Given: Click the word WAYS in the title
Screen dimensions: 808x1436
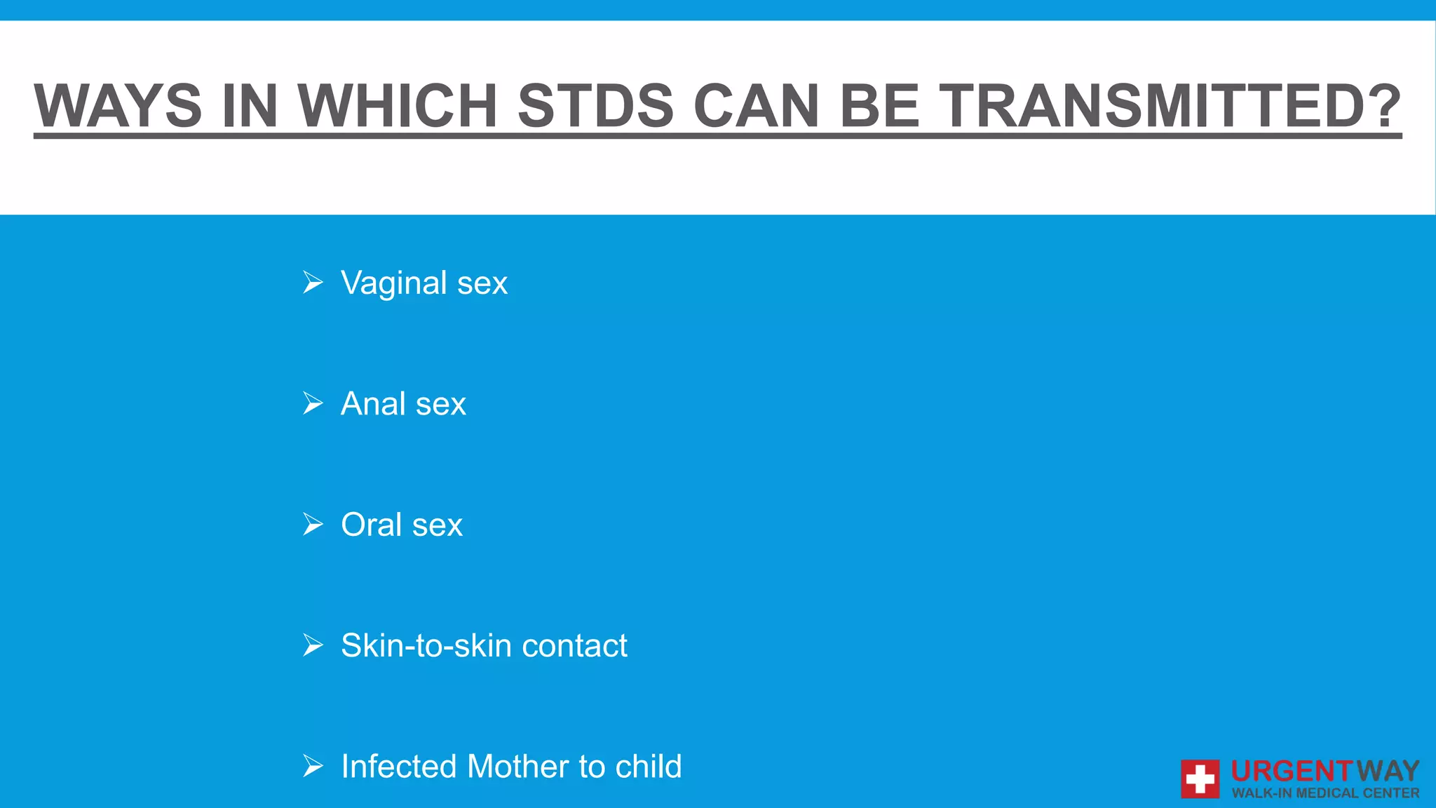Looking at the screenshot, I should [118, 106].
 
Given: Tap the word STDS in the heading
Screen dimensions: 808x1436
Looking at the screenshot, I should [595, 106].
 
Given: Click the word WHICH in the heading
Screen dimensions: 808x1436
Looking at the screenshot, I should [398, 106].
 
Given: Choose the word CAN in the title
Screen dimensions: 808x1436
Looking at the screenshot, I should [756, 106].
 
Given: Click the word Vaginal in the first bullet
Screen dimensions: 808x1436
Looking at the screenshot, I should [393, 283].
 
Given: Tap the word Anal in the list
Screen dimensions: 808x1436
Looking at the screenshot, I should [372, 404].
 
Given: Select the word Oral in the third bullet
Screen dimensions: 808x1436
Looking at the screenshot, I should [371, 525].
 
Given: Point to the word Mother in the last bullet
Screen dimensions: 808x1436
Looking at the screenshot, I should [517, 766].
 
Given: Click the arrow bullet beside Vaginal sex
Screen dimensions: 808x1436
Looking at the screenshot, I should [313, 283].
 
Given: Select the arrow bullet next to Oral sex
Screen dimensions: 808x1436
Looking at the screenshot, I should [313, 524].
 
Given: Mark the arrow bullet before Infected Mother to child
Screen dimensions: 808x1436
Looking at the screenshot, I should [313, 766].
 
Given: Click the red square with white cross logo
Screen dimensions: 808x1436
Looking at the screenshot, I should [1200, 779].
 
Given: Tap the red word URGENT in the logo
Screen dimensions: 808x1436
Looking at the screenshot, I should [1292, 772].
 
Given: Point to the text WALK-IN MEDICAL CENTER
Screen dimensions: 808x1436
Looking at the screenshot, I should [1325, 793].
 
